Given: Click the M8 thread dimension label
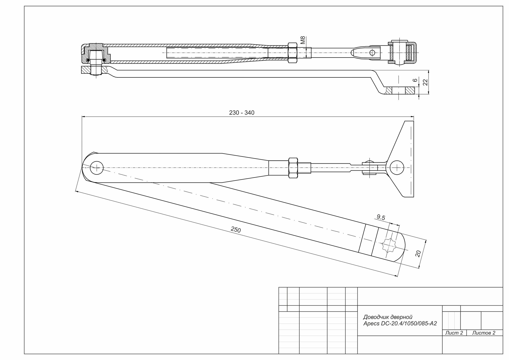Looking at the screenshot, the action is pos(303,40).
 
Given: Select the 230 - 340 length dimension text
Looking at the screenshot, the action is pos(242,113).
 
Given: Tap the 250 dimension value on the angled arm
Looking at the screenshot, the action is pos(236,230).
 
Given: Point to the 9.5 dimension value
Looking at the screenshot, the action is pos(381,217).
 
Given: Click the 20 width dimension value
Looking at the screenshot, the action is pos(418,253).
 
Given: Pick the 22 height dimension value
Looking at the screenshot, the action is pos(425,82).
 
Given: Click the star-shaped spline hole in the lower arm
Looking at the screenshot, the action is pos(388,245).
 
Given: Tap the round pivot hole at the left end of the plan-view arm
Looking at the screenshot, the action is pos(96,168).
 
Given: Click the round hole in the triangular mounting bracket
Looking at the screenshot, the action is pos(397,168).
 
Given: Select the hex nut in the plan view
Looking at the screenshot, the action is pos(293,168).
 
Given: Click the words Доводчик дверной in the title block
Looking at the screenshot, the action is pos(387,317).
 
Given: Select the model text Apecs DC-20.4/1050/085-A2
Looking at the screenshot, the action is pos(400,324).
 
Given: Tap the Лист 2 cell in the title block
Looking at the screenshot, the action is pos(454,333).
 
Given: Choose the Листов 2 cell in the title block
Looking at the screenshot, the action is pos(484,333).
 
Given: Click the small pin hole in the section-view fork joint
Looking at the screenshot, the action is pos(372,53).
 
